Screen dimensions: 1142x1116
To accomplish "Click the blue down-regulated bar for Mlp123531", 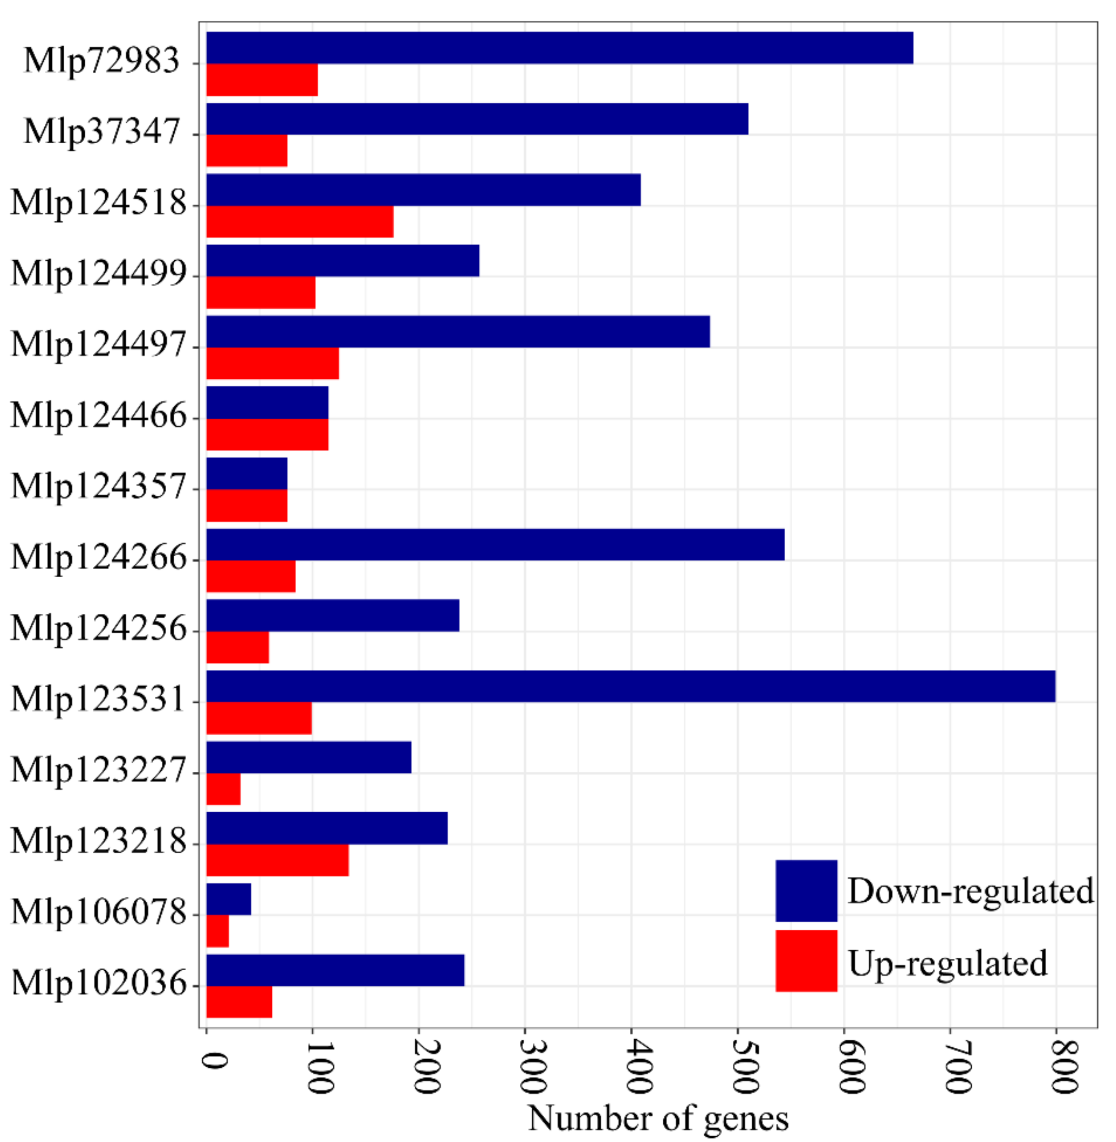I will pos(631,686).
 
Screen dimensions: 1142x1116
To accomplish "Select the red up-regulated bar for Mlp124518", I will pos(299,221).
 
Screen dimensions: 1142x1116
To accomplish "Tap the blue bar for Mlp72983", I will pos(560,48).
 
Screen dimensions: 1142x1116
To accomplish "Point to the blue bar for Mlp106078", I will pos(229,899).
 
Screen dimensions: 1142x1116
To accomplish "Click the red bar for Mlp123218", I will pos(277,860).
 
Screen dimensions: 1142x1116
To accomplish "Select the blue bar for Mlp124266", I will pos(495,544).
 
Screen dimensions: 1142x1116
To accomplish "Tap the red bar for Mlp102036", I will pos(239,1002).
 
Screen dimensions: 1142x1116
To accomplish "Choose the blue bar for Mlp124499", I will pos(343,260).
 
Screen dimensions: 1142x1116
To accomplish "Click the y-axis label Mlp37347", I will pos(101,131).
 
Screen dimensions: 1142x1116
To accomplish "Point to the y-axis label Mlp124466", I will pos(99,415).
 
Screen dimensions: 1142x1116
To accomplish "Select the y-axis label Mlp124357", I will pos(99,486).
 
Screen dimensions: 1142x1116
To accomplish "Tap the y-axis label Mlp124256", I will pos(99,628).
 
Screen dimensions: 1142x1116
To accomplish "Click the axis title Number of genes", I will pos(658,1118).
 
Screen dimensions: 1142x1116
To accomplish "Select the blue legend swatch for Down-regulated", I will pos(806,891).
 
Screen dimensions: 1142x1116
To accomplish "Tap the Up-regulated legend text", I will pos(947,963).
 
